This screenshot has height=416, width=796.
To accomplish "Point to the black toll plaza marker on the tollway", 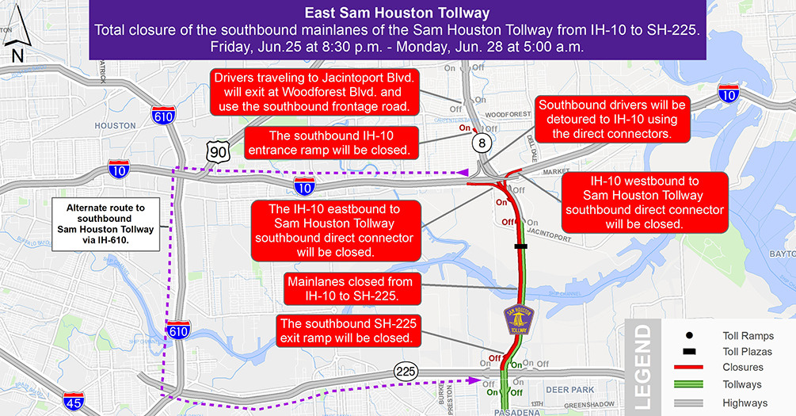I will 520,247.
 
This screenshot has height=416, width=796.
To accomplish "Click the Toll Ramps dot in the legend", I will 690,335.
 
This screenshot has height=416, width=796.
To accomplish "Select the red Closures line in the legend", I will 690,368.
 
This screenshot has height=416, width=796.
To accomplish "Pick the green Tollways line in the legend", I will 690,385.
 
